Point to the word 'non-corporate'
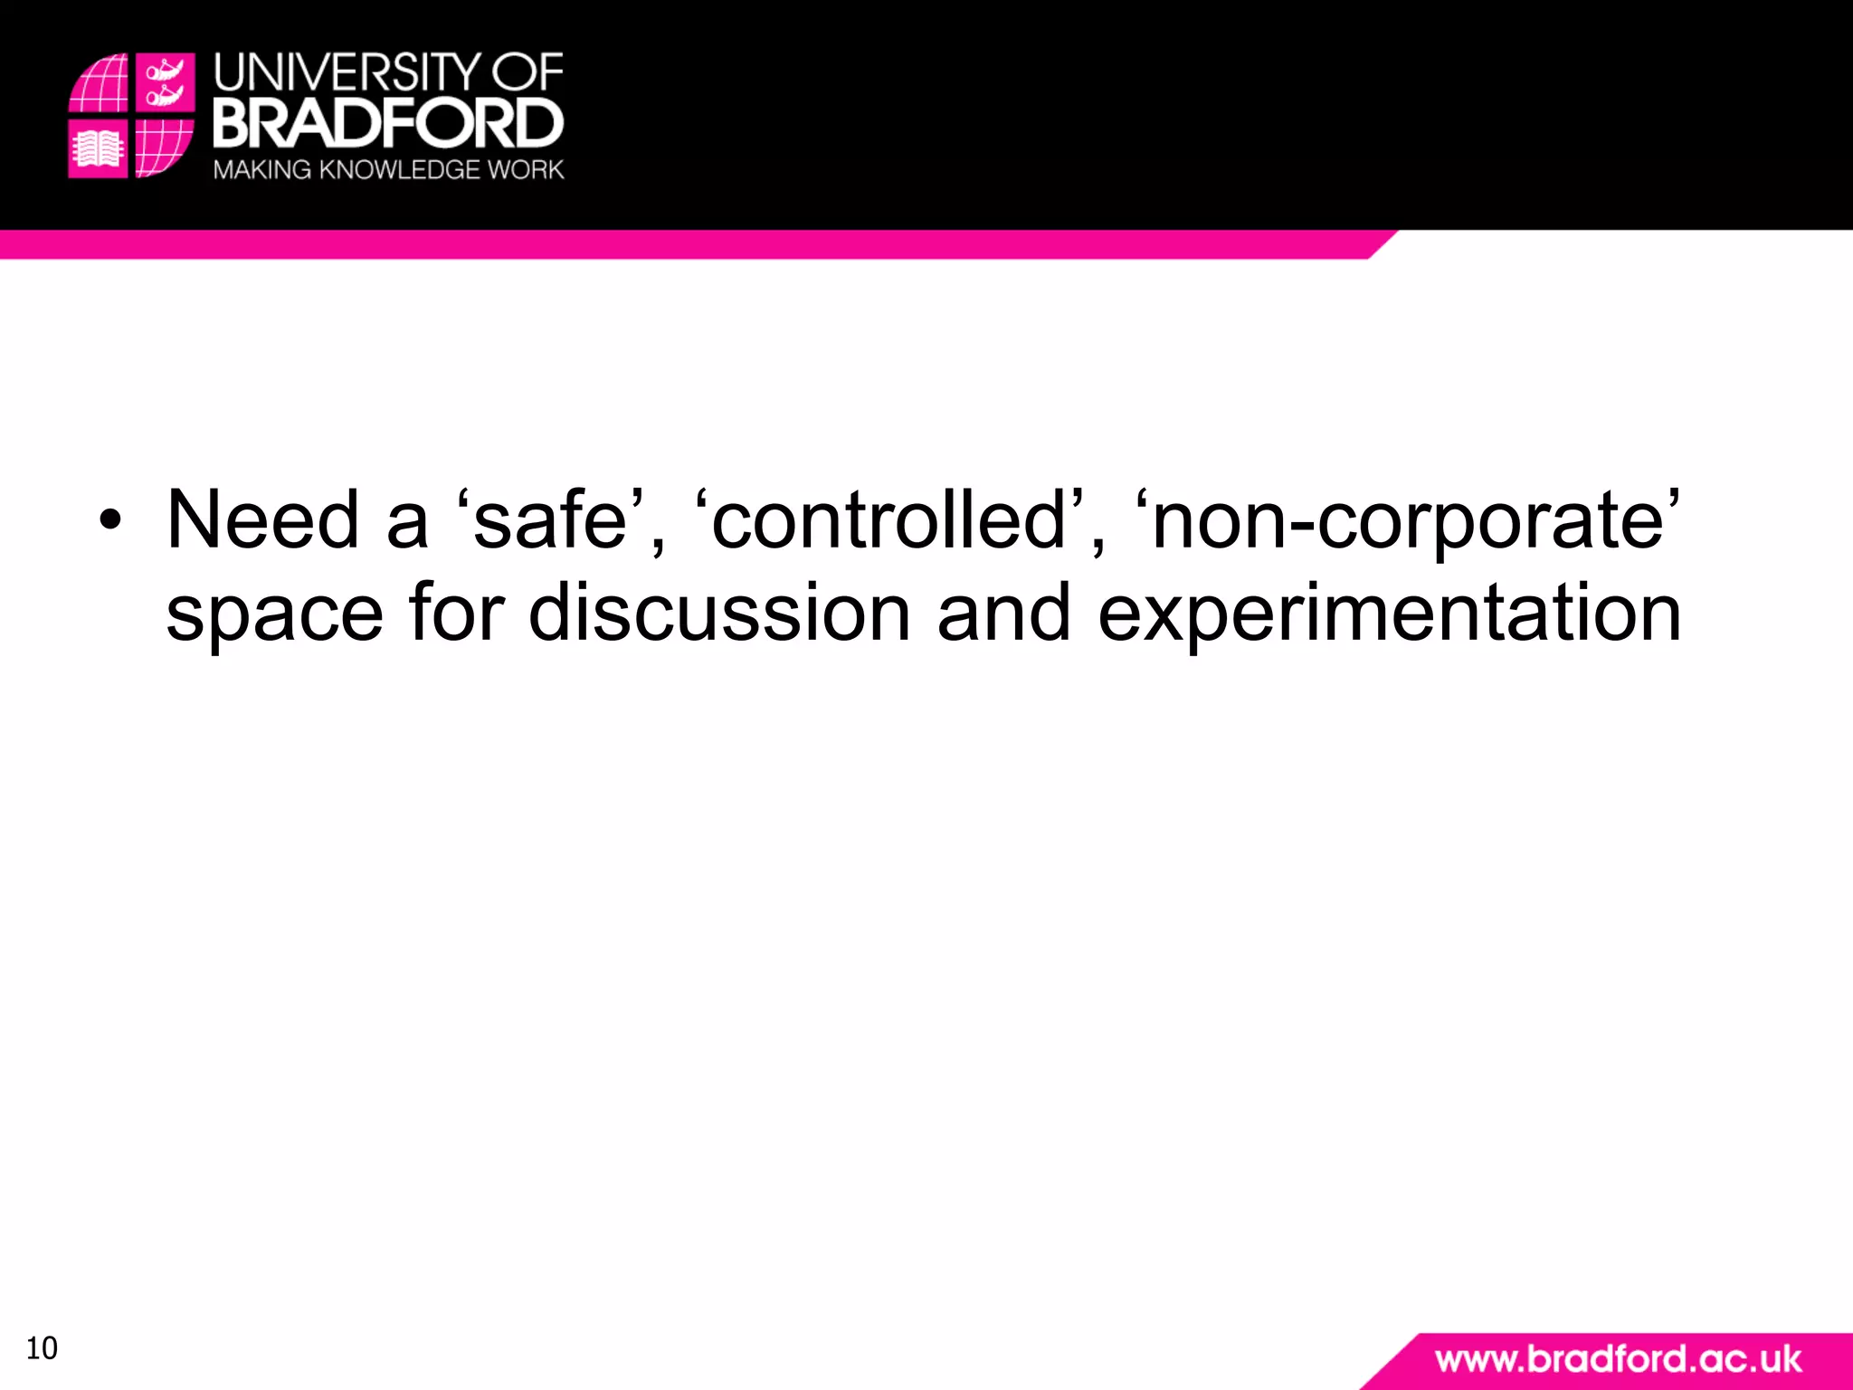click(x=1407, y=521)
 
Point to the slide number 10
click(x=42, y=1348)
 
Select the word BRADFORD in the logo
click(x=388, y=124)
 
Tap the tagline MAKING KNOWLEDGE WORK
click(x=388, y=169)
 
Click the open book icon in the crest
click(x=98, y=148)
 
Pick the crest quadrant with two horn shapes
click(x=165, y=81)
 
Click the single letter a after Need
click(x=407, y=521)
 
